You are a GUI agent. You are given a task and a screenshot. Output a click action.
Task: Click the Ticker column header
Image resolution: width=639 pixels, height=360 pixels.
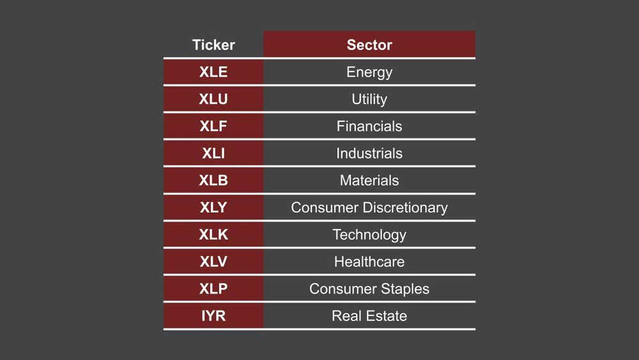click(x=213, y=45)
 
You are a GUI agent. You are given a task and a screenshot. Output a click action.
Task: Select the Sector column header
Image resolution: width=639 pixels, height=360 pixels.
click(x=369, y=45)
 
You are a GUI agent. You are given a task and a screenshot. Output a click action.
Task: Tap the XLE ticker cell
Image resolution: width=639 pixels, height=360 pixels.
click(x=213, y=72)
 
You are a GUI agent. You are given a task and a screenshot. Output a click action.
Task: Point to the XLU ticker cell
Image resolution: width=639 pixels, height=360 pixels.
click(x=213, y=99)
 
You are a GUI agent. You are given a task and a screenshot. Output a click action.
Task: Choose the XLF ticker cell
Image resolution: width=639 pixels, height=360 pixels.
click(x=213, y=127)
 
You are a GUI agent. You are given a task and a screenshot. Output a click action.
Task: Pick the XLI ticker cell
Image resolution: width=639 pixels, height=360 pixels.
click(x=213, y=153)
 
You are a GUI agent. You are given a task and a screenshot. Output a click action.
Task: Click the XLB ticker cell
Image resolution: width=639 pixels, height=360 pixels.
click(x=213, y=180)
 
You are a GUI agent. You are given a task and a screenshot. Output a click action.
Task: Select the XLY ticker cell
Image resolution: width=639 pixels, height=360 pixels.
click(x=213, y=208)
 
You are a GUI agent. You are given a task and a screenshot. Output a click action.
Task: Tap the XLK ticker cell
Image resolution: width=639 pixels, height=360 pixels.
click(x=213, y=235)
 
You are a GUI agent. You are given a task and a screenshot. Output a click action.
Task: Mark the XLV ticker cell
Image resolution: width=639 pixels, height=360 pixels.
click(x=213, y=262)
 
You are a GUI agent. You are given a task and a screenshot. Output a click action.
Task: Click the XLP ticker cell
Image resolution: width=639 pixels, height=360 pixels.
click(x=213, y=289)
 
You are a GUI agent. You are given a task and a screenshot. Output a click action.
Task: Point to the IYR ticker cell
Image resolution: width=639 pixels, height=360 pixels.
click(x=213, y=316)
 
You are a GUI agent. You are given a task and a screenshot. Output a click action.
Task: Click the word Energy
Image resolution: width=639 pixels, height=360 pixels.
click(x=369, y=72)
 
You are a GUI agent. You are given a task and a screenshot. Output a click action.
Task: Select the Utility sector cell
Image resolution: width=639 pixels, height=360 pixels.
click(x=369, y=99)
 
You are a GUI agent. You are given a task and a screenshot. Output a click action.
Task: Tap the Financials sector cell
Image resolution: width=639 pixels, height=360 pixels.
click(x=369, y=127)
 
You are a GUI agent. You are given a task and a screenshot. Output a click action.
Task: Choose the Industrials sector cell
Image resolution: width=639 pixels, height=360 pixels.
click(x=369, y=153)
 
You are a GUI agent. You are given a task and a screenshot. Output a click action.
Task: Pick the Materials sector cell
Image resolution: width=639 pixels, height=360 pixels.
click(x=369, y=180)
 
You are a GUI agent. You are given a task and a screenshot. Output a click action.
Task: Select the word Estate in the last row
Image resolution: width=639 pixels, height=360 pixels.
click(x=385, y=316)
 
